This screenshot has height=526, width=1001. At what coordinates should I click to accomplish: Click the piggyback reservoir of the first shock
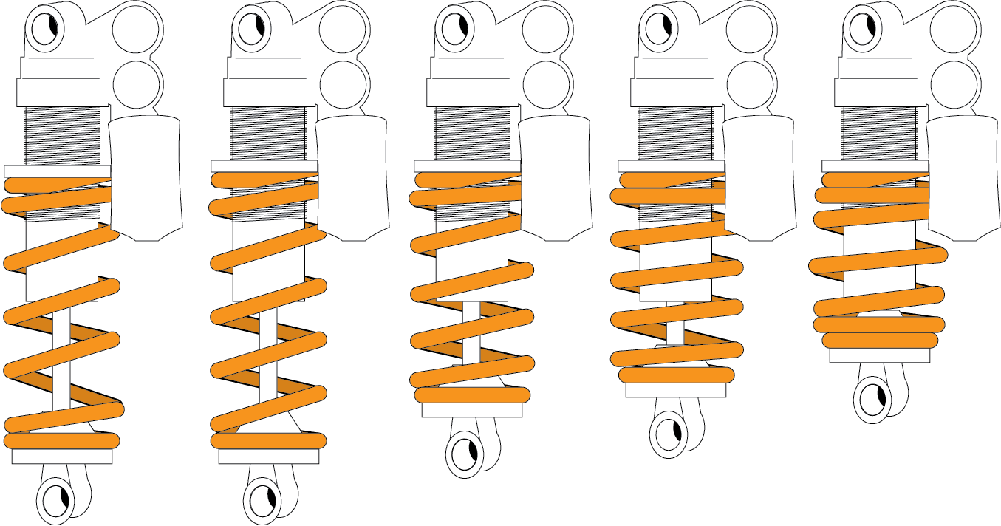[x=146, y=177]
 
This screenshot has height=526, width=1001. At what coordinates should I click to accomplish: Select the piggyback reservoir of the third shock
[x=555, y=177]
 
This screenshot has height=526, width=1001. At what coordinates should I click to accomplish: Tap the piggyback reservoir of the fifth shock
[x=963, y=177]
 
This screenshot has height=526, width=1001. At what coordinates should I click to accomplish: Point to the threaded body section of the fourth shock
[x=675, y=133]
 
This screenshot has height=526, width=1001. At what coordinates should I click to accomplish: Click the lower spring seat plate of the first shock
[x=62, y=457]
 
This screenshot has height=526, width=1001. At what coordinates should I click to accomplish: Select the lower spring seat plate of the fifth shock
[x=879, y=356]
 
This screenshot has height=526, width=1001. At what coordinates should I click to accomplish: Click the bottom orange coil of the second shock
[x=269, y=441]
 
